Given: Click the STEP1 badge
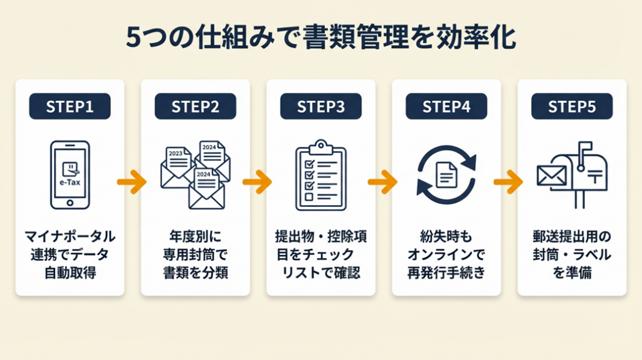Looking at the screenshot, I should (x=70, y=107).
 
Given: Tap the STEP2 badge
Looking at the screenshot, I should (x=195, y=107).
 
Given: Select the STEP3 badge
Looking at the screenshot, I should (x=320, y=107).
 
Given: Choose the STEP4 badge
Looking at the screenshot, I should (x=446, y=107).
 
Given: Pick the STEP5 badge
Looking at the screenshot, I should (x=571, y=107).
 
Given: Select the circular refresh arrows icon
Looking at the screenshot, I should (x=446, y=174).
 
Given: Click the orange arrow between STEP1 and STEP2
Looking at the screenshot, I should (x=132, y=183).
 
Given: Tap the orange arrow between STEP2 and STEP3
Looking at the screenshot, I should (x=257, y=183).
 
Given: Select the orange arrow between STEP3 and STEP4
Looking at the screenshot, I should (x=382, y=183).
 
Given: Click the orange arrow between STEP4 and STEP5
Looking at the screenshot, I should (x=508, y=183).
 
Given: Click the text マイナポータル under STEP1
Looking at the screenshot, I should (x=70, y=236).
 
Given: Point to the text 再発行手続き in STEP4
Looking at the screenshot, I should (x=446, y=273).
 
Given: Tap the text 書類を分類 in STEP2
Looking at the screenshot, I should (x=195, y=273).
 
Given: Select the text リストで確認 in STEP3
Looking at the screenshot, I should (x=320, y=273).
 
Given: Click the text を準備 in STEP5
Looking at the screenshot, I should (x=571, y=273).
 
